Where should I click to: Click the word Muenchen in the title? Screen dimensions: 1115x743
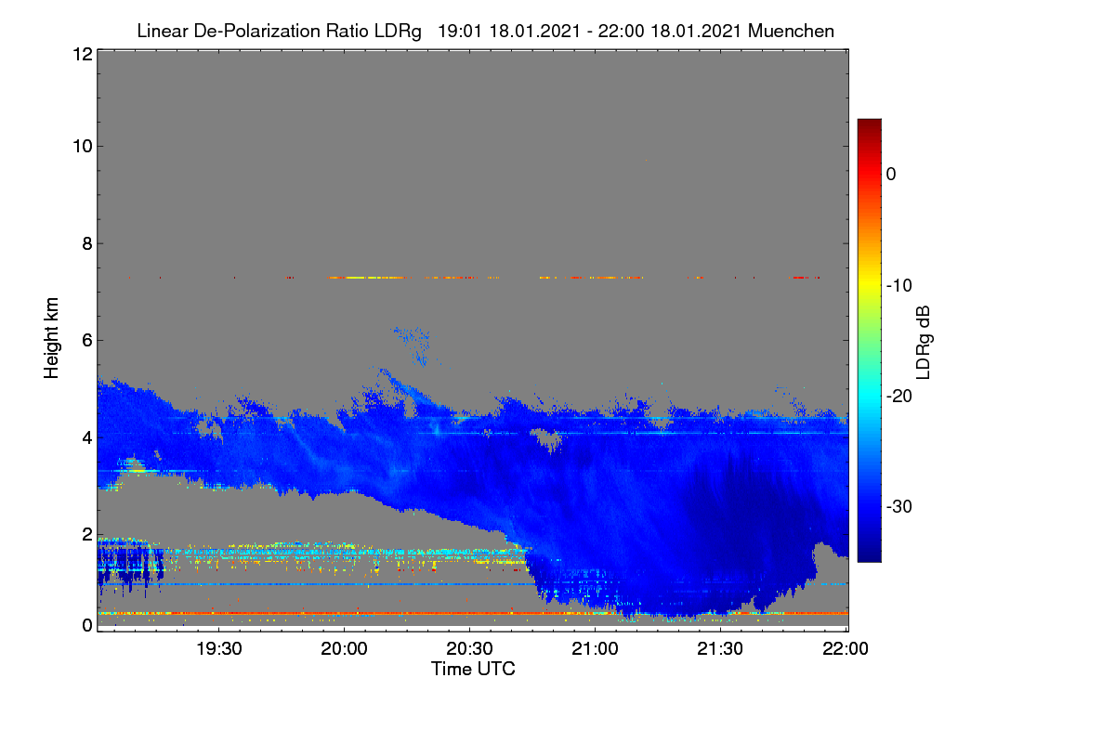pos(791,31)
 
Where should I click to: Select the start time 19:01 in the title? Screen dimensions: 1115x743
pos(460,31)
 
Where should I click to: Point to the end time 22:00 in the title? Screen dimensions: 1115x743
pos(622,31)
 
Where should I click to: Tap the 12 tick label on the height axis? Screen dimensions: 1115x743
pos(83,54)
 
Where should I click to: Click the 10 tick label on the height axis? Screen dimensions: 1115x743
pos(83,147)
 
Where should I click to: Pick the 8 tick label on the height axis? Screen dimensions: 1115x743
pos(87,243)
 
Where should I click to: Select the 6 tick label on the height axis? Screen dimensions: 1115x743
pos(87,341)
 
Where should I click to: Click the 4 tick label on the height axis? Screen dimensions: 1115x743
pos(87,438)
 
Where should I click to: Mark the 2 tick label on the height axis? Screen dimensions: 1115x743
pos(87,534)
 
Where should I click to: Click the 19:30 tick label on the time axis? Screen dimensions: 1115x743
pos(219,649)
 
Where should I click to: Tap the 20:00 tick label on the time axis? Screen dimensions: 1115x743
pos(345,649)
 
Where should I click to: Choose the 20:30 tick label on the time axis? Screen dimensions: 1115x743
pos(469,649)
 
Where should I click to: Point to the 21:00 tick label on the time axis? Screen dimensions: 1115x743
pos(595,649)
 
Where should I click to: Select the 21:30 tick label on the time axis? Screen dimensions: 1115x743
pos(720,649)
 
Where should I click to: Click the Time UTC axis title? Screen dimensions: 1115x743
pos(473,669)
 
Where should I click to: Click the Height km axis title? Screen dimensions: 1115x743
pos(51,338)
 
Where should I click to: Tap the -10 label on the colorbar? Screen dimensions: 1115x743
pos(899,286)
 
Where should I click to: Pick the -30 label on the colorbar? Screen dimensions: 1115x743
pos(899,506)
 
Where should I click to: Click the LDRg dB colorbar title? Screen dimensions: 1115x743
pos(924,343)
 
